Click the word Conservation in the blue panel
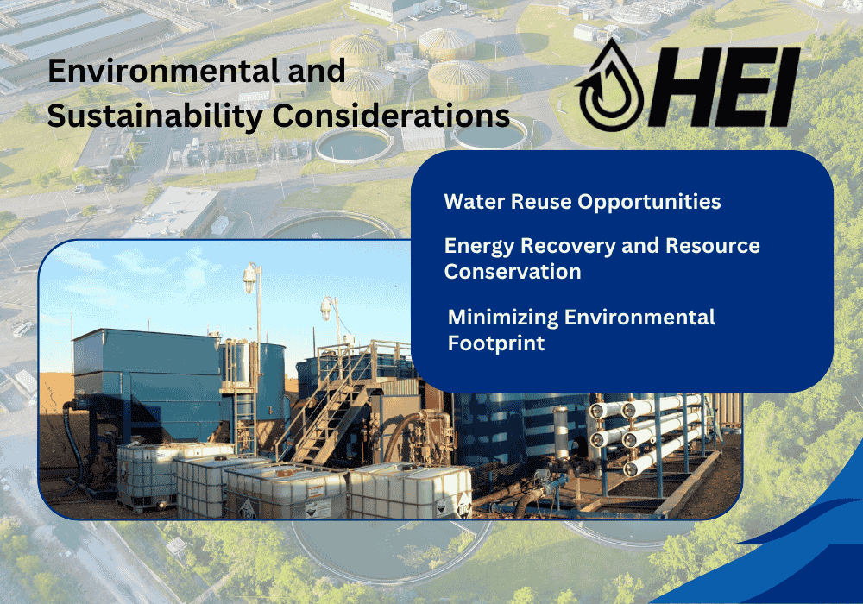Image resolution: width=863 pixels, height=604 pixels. (512, 272)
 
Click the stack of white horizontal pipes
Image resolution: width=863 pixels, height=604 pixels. (643, 431)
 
